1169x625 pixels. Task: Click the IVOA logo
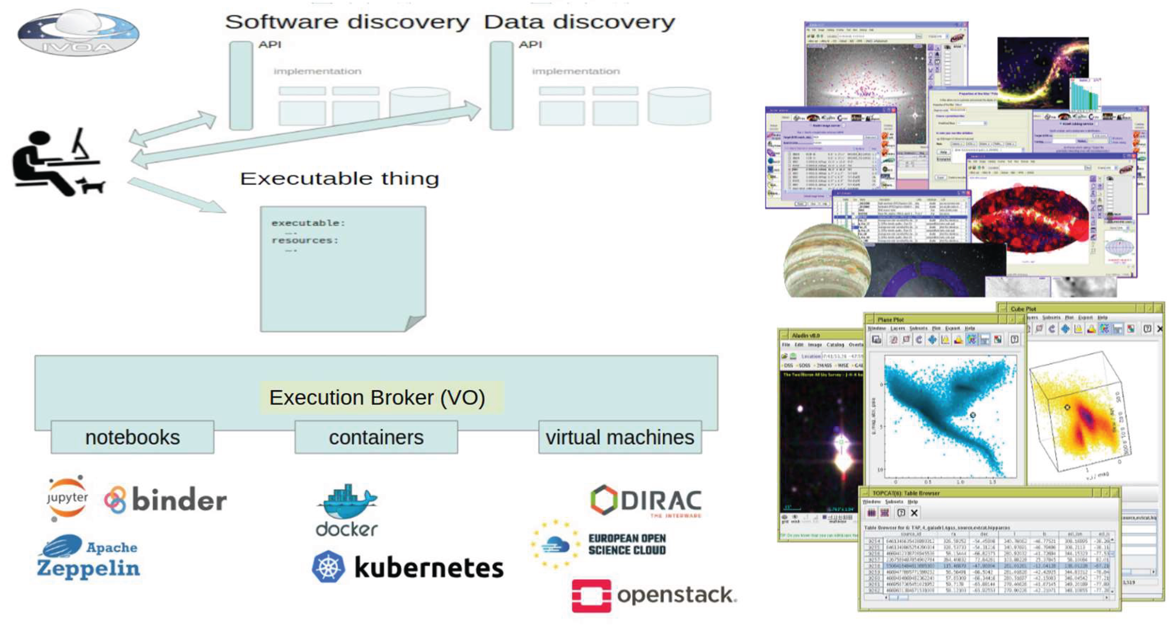[x=78, y=33]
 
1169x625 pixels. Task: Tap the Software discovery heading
[x=347, y=22]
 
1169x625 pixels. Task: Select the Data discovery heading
[x=580, y=22]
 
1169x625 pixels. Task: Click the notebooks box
[x=133, y=437]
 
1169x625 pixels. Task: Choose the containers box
[x=376, y=437]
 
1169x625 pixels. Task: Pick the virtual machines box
[x=620, y=437]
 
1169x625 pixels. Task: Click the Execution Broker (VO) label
[x=377, y=398]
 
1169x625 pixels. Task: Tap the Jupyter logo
[x=67, y=498]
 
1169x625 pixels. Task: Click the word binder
[x=179, y=500]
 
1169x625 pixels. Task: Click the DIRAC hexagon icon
[x=604, y=500]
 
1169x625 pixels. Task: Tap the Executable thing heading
[x=339, y=178]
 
